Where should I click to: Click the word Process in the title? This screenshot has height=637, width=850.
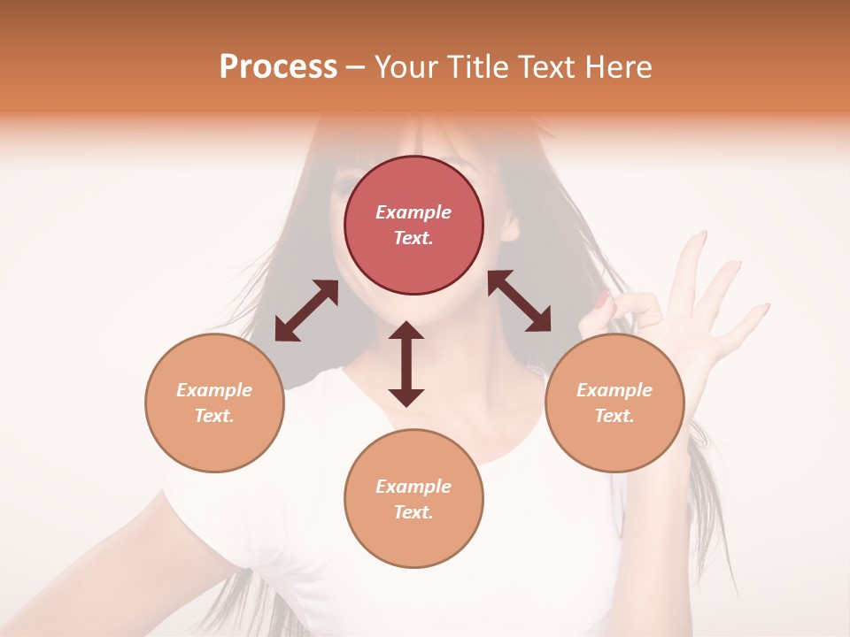click(278, 67)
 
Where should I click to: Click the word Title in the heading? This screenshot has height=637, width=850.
click(477, 67)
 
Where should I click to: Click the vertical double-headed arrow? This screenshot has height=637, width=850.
click(406, 364)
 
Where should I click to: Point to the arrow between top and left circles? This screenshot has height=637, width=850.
click(306, 311)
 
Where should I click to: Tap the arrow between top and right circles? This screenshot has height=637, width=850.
click(519, 301)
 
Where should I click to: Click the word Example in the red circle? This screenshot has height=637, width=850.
click(413, 212)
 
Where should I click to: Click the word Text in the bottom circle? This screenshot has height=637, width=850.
click(413, 512)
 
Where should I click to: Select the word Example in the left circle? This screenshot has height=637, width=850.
click(214, 390)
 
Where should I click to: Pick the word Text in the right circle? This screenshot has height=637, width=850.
click(614, 416)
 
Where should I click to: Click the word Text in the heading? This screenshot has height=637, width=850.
click(547, 67)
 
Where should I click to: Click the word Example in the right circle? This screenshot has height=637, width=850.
click(614, 390)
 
